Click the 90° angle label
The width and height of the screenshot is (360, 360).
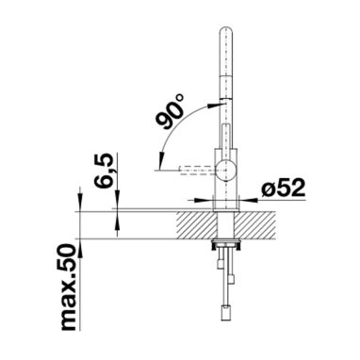coord(171,111)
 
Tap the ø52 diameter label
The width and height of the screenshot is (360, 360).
coord(283,188)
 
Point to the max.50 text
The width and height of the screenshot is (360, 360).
coord(69,286)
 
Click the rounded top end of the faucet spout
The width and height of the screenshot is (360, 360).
coord(225,31)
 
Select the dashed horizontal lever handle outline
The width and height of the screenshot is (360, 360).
coord(198,170)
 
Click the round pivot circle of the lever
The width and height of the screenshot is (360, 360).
coord(226,170)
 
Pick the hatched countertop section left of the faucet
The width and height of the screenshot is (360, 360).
coord(197,225)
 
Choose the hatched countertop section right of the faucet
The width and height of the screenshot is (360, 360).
coord(255,225)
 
